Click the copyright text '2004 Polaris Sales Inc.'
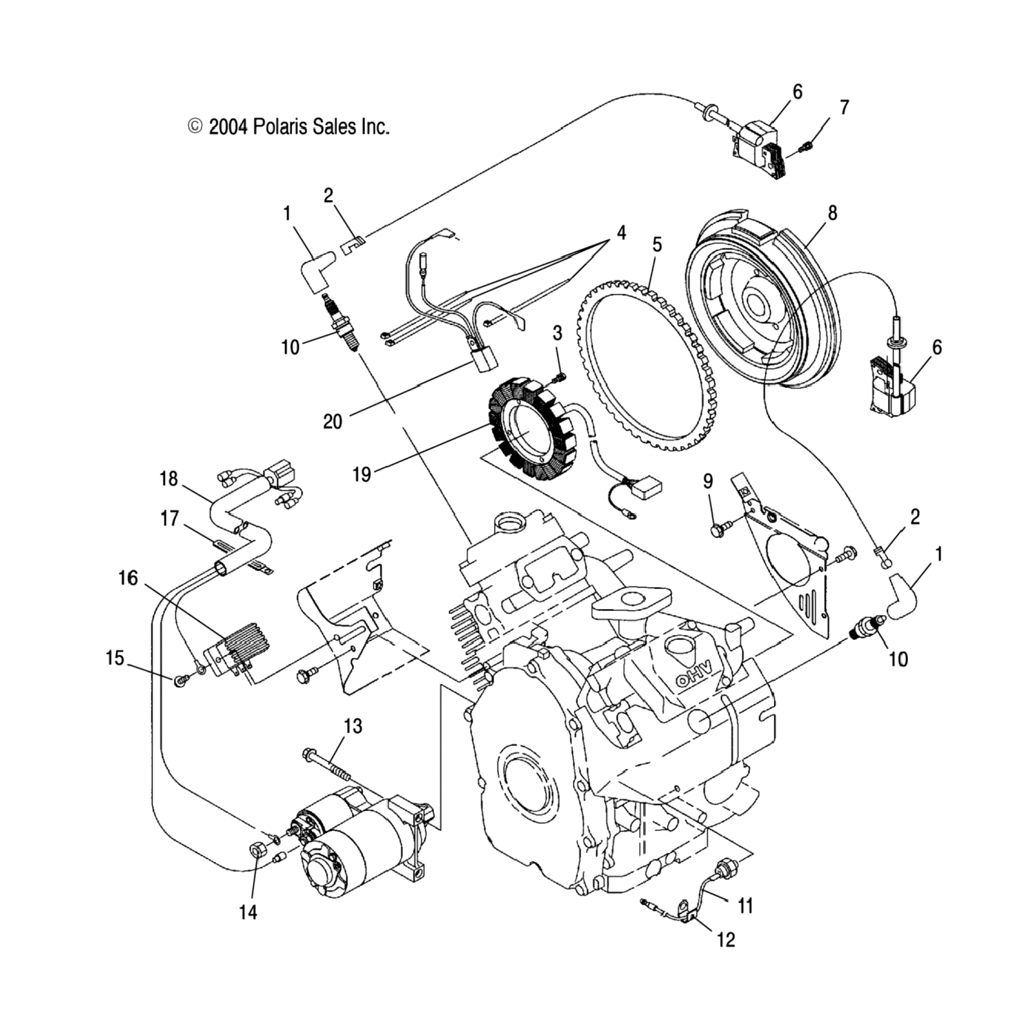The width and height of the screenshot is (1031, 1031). click(299, 126)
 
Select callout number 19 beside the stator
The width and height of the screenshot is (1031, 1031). click(362, 474)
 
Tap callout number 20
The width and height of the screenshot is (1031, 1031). click(333, 421)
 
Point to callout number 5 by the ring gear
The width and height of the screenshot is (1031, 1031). click(657, 245)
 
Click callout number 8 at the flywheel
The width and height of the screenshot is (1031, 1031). click(832, 213)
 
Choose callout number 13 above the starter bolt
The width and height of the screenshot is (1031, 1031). click(353, 726)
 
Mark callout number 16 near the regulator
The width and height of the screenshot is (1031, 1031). click(128, 578)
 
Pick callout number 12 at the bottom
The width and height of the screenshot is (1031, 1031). click(726, 939)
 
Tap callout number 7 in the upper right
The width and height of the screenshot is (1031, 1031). click(845, 108)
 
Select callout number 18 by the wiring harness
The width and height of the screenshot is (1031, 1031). click(169, 478)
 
